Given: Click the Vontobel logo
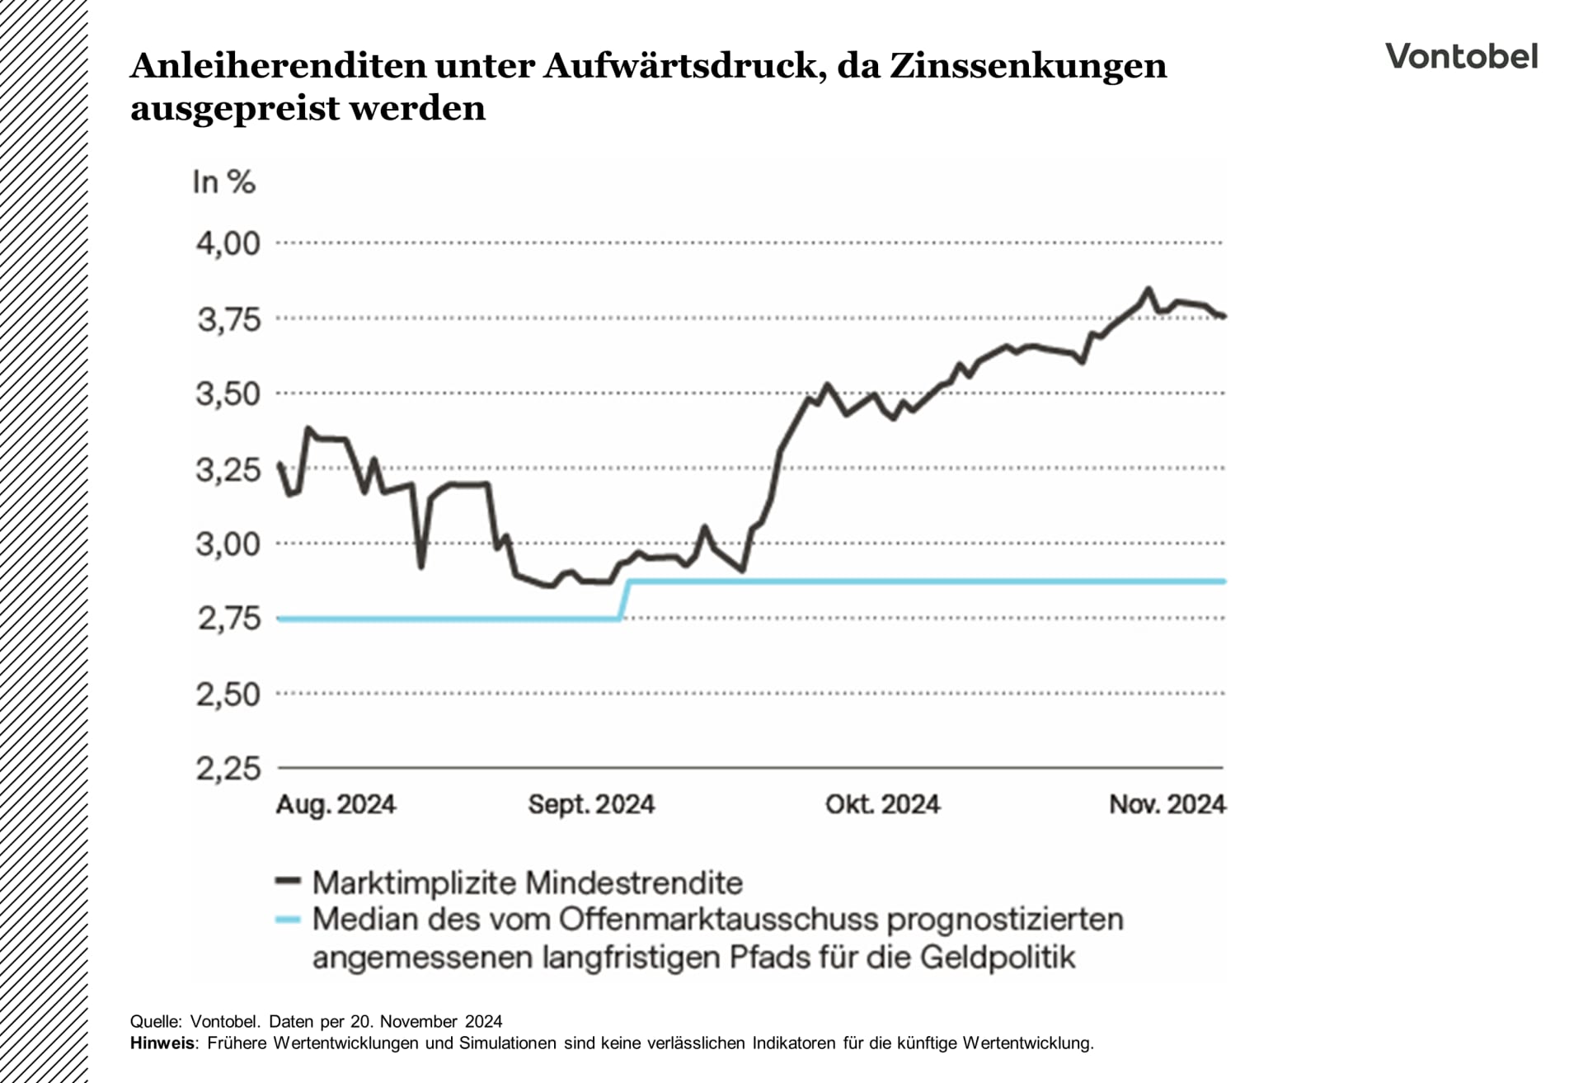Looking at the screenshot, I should tap(1461, 56).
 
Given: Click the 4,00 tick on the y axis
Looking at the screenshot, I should tap(228, 243).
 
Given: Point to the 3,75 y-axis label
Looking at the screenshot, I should tap(228, 319).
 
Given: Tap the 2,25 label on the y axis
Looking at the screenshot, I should tap(228, 769).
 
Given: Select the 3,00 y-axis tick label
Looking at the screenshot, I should tap(228, 544).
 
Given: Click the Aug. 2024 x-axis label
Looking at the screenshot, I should tap(336, 804).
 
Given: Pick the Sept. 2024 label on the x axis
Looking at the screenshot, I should tap(591, 804).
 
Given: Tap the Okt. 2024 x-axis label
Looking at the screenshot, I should tap(882, 804).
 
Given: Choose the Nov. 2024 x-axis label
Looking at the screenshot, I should tap(1167, 804).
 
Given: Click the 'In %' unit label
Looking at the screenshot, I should tap(223, 181).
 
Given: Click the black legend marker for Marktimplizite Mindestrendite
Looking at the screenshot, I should tap(287, 882).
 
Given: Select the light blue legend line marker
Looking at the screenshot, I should tap(287, 919).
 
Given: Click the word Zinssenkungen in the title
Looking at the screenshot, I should tap(1027, 66).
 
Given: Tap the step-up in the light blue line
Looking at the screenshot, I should tap(624, 600).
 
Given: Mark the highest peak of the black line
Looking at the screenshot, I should tap(1148, 289).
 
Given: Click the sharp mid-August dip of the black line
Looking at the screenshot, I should tap(421, 566).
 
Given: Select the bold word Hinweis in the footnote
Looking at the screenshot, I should tap(162, 1043).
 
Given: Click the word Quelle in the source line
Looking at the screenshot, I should tap(154, 1022).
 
